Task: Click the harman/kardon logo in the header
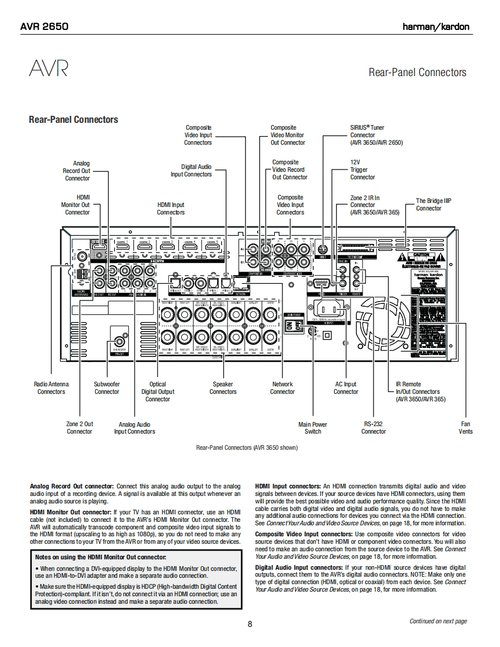[x=436, y=27]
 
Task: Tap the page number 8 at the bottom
[x=250, y=624]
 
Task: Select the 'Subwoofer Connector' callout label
[x=107, y=388]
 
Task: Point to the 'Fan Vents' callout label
[x=465, y=428]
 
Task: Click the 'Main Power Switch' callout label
[x=312, y=428]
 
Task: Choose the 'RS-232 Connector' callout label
[x=374, y=428]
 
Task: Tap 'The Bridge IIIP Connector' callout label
[x=434, y=205]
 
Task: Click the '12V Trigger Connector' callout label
[x=362, y=170]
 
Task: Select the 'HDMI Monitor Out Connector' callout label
[x=76, y=205]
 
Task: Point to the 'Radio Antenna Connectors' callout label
[x=51, y=388]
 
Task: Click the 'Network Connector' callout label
[x=282, y=388]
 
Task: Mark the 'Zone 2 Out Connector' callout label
[x=80, y=428]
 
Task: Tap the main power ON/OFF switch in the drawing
[x=294, y=326]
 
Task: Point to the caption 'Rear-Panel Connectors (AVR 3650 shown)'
[x=247, y=447]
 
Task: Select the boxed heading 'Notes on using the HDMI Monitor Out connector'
[x=100, y=557]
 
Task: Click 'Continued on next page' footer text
[x=438, y=621]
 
